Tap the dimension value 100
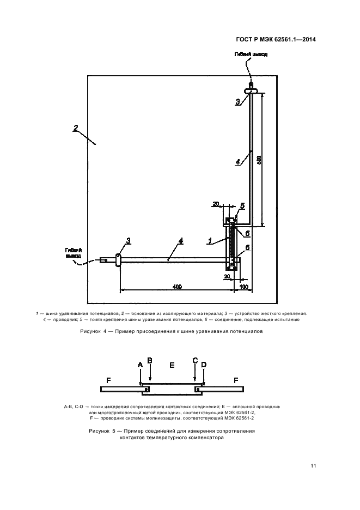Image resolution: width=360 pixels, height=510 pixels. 242,286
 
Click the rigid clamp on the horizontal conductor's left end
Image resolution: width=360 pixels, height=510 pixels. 118,260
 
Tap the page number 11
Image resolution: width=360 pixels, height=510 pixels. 313,465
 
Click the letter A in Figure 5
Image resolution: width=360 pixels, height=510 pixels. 140,364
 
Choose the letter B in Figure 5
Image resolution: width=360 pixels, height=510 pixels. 150,361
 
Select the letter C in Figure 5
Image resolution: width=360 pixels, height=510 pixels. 195,361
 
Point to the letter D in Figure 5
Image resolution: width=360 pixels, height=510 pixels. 203,364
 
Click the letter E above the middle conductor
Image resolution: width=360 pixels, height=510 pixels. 172,365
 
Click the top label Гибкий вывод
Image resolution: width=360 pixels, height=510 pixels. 251,54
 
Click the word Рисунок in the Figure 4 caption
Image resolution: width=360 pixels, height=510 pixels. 91,331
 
